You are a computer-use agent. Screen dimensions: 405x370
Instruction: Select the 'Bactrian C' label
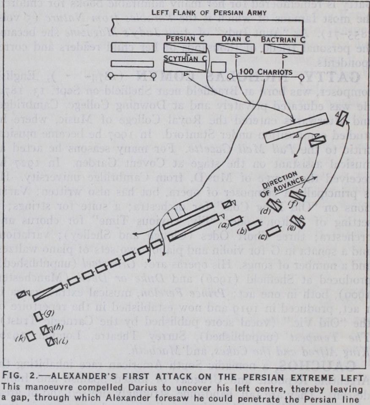pyautogui.click(x=283, y=39)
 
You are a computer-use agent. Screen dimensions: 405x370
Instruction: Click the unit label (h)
pyautogui.click(x=58, y=326)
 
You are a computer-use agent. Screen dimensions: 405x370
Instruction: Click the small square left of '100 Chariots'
pyautogui.click(x=217, y=67)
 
